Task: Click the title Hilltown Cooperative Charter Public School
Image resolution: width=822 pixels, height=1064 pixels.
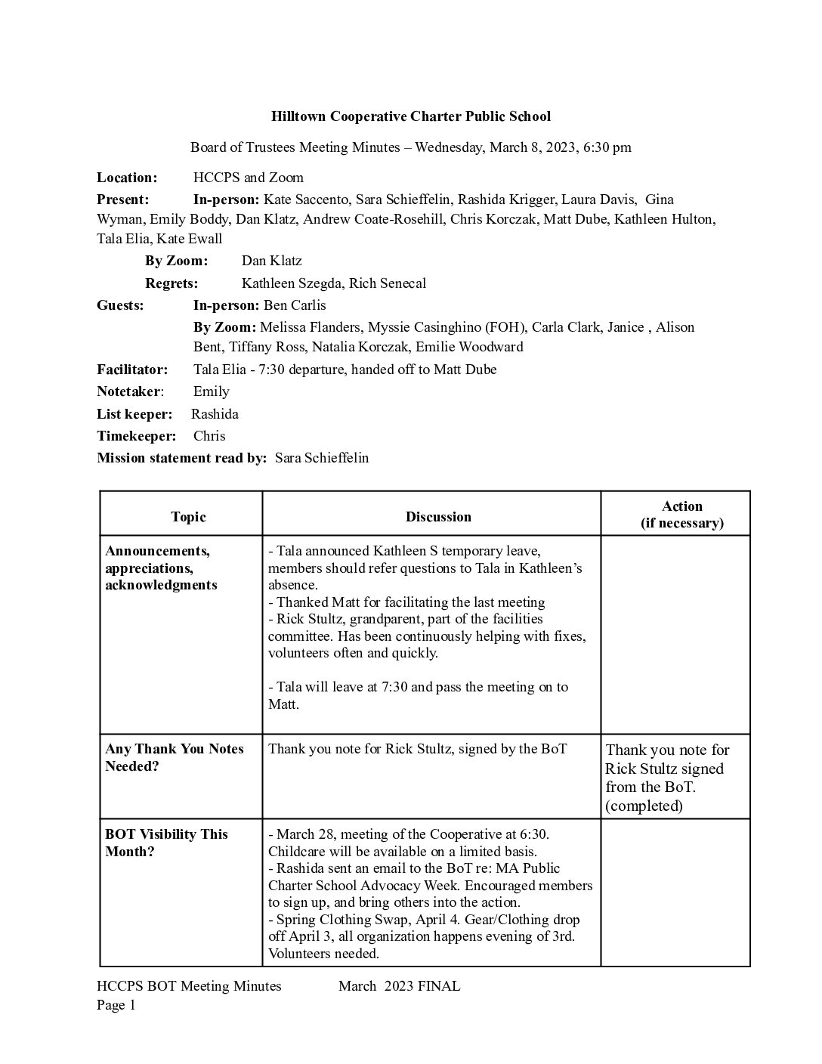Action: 411,116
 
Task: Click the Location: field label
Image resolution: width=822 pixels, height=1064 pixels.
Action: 127,178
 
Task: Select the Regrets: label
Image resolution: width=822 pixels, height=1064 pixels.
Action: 172,283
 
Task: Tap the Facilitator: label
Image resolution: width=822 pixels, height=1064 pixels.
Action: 132,370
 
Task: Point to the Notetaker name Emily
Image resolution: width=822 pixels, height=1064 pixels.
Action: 211,391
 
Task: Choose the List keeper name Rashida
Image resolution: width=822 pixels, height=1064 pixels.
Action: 215,414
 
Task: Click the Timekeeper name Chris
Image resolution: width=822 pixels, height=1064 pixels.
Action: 209,436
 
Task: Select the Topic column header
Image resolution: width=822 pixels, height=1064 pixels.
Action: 188,517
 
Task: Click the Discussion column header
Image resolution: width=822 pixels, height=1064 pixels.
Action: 438,517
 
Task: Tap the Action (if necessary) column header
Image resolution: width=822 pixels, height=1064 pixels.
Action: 681,515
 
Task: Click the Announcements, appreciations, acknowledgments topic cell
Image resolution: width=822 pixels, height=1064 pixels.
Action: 161,568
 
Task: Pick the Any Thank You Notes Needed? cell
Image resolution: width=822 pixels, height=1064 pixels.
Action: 175,757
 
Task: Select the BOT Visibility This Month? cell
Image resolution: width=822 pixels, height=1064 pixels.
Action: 166,843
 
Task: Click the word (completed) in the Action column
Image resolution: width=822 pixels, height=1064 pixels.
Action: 644,806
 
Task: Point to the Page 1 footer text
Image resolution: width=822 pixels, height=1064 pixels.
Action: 116,1005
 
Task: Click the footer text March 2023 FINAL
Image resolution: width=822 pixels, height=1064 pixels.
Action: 399,986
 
